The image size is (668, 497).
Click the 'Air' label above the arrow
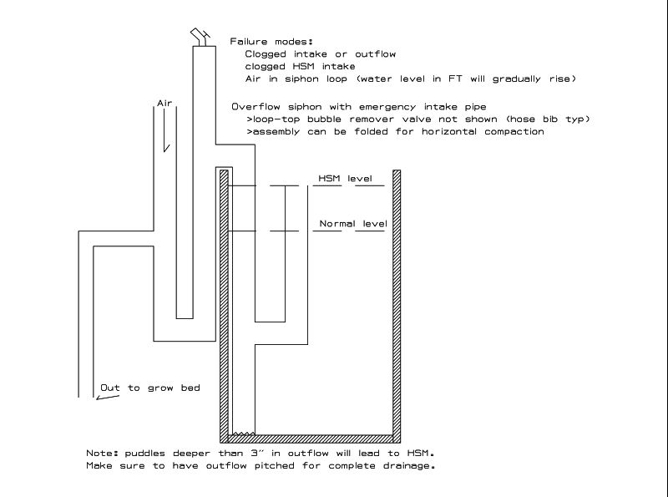164,103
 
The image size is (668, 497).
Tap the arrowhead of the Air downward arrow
166,148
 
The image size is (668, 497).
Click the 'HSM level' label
345,178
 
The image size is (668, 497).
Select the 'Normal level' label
353,223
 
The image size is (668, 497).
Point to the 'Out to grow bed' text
150,388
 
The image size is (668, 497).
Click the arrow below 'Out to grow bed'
108,398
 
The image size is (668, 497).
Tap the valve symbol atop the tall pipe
200,37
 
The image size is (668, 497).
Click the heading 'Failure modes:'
271,41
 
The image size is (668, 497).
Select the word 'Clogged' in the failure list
266,54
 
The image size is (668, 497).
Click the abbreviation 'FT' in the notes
455,79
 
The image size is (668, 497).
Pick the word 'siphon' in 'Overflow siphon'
305,107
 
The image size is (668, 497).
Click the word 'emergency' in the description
387,107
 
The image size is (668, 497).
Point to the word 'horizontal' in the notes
449,131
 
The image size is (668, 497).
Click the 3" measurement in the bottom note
256,453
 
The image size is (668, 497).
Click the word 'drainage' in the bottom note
407,466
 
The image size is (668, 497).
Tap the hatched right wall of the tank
397,306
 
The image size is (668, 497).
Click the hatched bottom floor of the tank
310,439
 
